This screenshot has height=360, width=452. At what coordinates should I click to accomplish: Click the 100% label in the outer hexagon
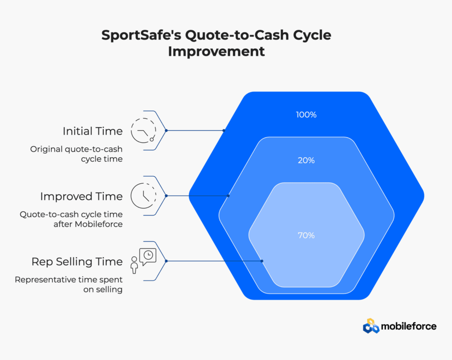[306, 115]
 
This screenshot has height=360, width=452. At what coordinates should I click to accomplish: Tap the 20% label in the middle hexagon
[306, 160]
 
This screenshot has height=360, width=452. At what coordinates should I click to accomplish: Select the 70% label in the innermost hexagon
[306, 235]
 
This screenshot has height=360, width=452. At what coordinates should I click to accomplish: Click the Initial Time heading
[93, 131]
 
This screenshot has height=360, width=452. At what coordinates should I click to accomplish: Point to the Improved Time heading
[81, 197]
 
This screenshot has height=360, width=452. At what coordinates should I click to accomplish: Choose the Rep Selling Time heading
[77, 261]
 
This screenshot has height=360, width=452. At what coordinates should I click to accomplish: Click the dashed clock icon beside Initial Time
[143, 130]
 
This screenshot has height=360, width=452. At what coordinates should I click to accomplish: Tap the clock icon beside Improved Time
[143, 196]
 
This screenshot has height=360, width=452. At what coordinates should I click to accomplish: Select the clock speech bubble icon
[148, 257]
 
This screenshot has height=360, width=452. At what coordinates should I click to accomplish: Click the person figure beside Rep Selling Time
[134, 265]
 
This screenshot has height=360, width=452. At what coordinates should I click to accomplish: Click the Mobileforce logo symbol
[371, 326]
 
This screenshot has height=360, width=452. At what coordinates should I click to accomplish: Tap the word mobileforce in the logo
[408, 326]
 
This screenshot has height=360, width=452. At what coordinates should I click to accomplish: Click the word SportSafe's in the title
[141, 35]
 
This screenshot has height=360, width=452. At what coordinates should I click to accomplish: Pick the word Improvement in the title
[216, 52]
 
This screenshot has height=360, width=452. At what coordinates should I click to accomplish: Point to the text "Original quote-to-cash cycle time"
[76, 154]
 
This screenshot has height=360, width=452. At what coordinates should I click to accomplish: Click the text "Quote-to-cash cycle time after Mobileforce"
[71, 219]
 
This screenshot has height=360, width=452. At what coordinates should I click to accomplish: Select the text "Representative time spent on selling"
[68, 284]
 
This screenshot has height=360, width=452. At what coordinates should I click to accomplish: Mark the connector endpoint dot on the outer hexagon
[224, 130]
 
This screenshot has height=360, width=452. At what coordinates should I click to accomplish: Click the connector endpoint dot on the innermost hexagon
[262, 261]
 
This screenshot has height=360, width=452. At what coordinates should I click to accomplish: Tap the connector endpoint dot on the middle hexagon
[228, 196]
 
